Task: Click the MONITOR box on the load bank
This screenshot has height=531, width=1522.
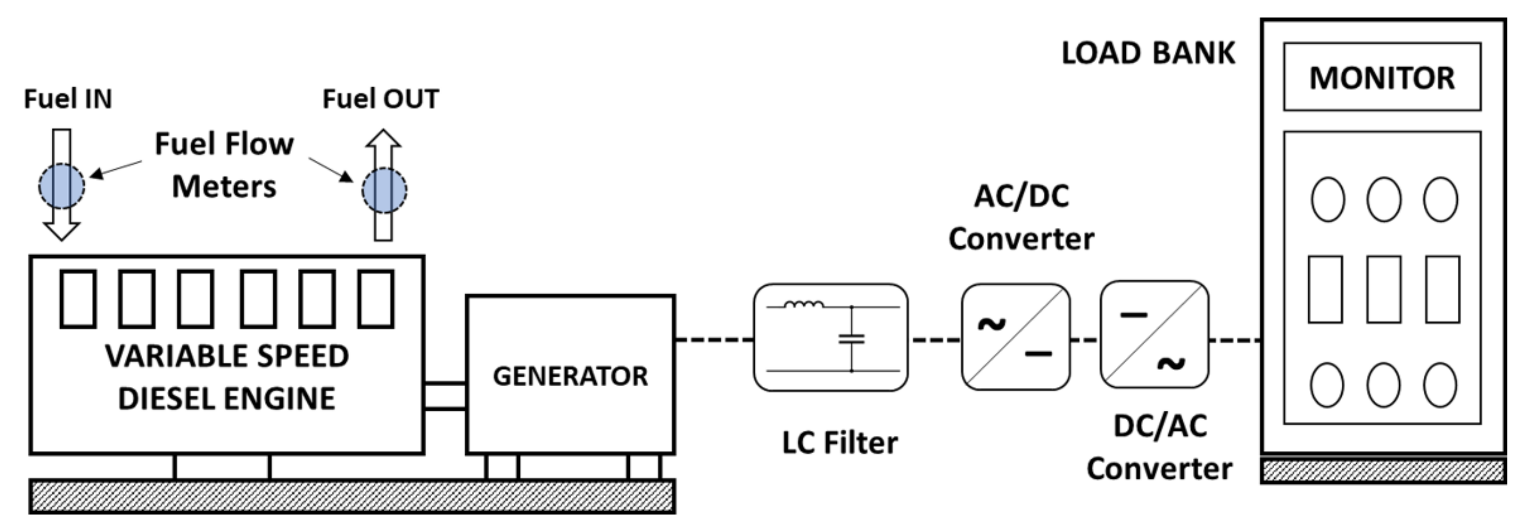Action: point(1381,77)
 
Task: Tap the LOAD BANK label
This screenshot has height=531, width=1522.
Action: point(1147,53)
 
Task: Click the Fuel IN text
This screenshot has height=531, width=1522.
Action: point(67,99)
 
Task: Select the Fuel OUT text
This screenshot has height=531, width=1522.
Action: point(380,99)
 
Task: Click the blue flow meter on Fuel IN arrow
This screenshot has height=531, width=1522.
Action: point(62,186)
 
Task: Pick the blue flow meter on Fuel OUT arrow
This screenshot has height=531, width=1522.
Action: point(384,190)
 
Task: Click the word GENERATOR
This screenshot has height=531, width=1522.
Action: point(570,376)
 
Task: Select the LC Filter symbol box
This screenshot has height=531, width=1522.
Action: point(830,338)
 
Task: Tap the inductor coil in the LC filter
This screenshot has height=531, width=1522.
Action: point(803,304)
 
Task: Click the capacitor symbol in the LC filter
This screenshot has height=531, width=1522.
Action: point(851,339)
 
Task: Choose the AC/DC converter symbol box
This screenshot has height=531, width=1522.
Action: point(1015,337)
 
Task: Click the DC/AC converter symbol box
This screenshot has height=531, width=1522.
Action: point(1154,334)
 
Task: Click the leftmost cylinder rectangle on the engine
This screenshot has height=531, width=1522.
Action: point(78,299)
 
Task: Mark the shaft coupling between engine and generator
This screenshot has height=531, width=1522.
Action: point(445,396)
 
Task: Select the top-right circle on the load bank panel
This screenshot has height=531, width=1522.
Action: point(1440,200)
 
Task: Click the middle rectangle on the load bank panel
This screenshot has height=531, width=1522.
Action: point(1383,290)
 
